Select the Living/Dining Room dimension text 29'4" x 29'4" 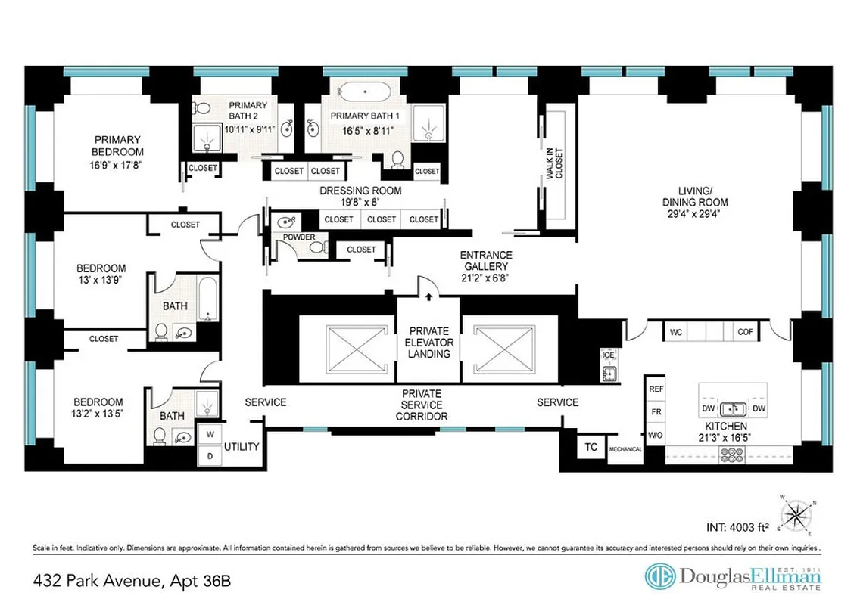click(695, 214)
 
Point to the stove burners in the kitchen click(733, 455)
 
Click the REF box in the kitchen click(656, 389)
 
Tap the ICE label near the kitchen click(607, 355)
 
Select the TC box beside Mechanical click(591, 447)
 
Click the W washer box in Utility click(209, 434)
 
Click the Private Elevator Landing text click(429, 342)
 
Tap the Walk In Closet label click(559, 163)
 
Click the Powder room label click(298, 237)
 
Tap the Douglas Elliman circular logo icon click(660, 576)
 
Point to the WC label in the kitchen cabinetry click(676, 331)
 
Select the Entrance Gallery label click(486, 261)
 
